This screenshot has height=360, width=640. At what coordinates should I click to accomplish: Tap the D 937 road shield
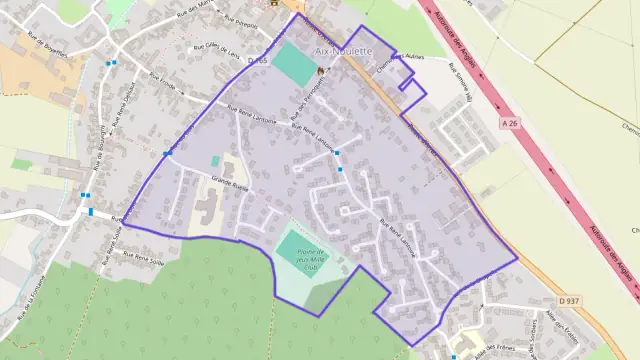coord(570,300)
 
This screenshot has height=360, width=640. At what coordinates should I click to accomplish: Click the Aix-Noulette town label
coord(343,51)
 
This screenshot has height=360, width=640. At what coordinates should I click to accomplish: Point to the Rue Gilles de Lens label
coord(218,50)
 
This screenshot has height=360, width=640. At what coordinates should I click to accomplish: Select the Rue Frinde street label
coord(162,80)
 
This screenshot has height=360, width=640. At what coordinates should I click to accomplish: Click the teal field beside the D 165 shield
coord(292,64)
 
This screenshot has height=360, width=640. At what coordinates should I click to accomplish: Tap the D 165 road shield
coord(258,62)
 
